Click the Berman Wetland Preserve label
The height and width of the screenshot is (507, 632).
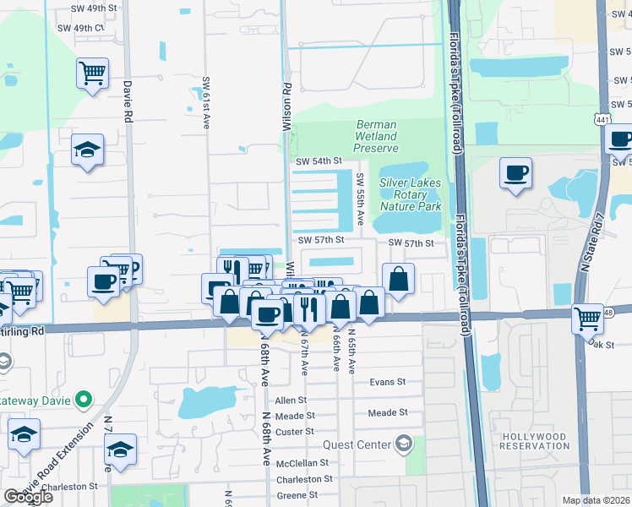click(376, 136)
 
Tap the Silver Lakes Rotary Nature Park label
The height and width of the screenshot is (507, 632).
click(411, 194)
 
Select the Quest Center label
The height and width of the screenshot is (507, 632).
click(356, 444)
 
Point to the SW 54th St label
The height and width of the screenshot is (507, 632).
click(319, 161)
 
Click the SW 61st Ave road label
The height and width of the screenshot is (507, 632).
click(205, 104)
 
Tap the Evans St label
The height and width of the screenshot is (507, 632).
click(388, 382)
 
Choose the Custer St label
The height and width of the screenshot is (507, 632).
click(295, 432)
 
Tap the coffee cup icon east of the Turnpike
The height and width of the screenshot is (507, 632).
click(515, 173)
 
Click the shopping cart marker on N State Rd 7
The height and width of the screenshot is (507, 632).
click(586, 319)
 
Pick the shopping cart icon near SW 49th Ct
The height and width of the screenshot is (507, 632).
click(92, 73)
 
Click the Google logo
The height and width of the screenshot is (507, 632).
click(28, 497)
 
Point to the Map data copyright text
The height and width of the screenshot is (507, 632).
click(597, 500)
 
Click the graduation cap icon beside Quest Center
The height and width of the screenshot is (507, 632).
click(405, 444)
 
